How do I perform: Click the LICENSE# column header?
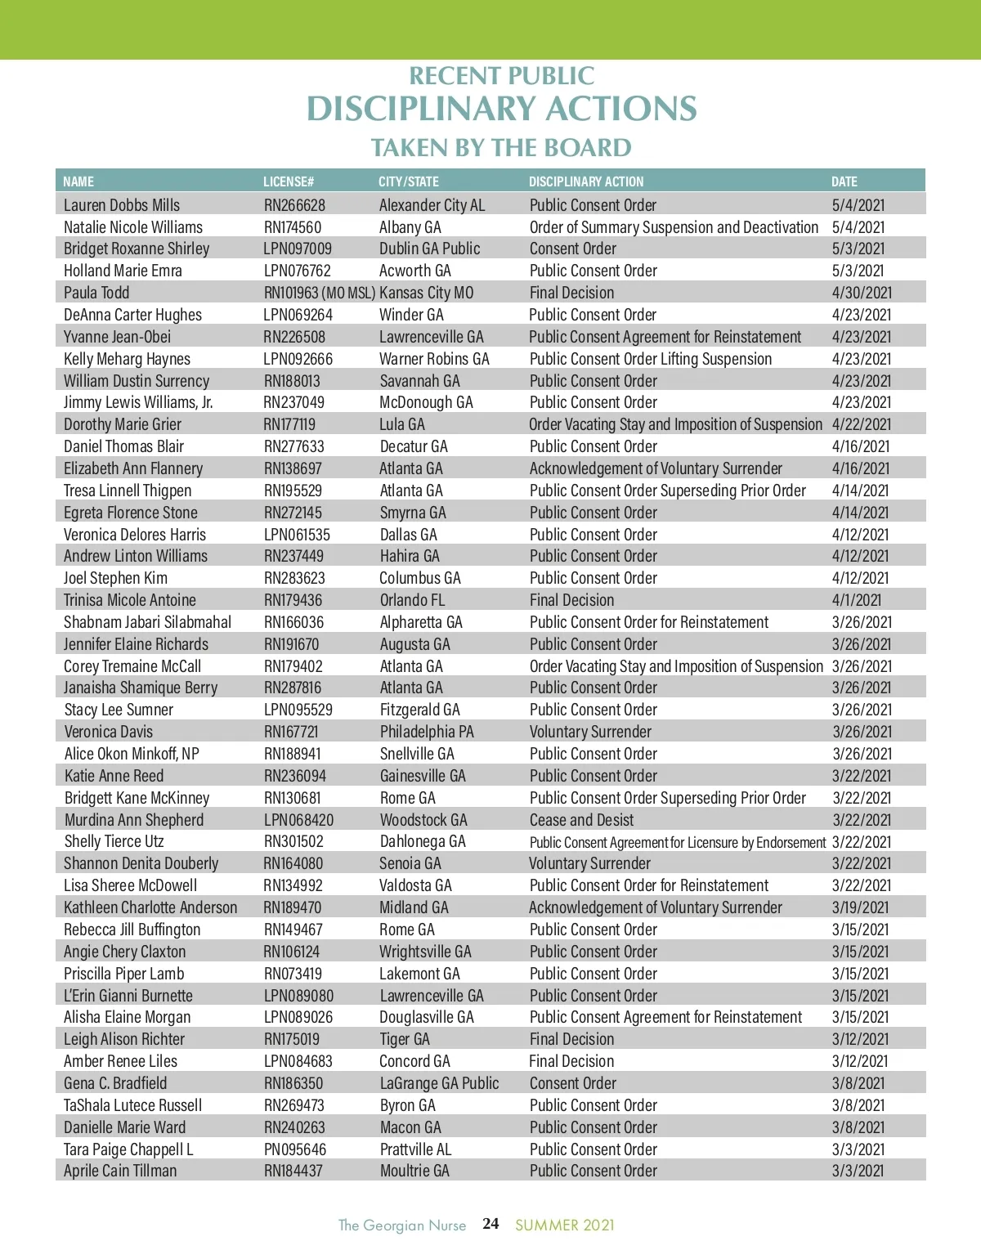(289, 181)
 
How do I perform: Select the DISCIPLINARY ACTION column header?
(586, 181)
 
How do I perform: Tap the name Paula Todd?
(96, 293)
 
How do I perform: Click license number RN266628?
(294, 205)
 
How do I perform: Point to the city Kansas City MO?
(427, 293)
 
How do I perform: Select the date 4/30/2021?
(862, 293)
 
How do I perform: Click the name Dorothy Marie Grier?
(123, 424)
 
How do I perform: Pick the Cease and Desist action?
(581, 820)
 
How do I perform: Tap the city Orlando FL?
(413, 600)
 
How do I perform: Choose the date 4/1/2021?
(857, 600)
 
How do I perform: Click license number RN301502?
(293, 841)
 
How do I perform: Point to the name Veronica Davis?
(109, 732)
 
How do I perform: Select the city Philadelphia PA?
(427, 732)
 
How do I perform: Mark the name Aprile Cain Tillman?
(120, 1171)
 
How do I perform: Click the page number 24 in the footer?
(490, 1224)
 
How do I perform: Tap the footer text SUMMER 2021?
(564, 1225)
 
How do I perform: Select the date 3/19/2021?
(861, 907)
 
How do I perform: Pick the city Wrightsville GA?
(426, 952)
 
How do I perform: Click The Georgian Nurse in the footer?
(402, 1225)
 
